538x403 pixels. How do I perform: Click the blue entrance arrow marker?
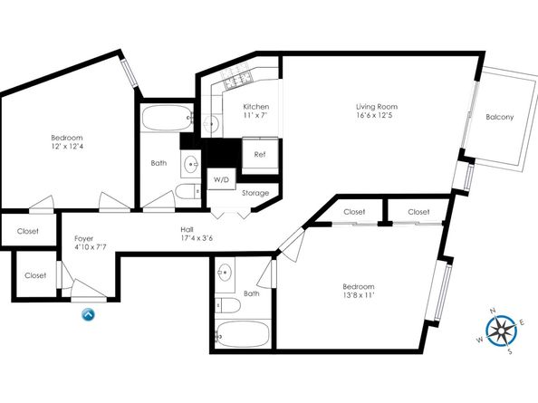[88, 314]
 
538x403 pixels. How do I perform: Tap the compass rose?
[501, 331]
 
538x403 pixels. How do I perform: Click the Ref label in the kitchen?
[260, 155]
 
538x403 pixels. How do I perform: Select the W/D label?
[221, 179]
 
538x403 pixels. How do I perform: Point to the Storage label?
[255, 193]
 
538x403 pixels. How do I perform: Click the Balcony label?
[500, 117]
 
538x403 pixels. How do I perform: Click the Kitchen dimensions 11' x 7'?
[255, 115]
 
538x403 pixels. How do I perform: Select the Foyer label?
[83, 238]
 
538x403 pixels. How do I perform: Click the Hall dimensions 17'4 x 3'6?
[197, 238]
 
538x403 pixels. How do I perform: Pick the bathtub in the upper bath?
[167, 118]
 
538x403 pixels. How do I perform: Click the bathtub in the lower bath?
[242, 334]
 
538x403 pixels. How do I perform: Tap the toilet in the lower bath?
[227, 305]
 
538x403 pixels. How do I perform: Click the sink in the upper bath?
[190, 164]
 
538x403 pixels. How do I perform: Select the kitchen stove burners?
[238, 78]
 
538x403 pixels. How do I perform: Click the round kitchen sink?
[211, 123]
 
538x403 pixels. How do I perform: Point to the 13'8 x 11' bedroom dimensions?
[358, 295]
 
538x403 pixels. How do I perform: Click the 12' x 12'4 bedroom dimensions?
[66, 147]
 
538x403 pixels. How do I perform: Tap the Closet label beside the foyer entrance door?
[35, 275]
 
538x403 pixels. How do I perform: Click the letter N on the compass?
[494, 312]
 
